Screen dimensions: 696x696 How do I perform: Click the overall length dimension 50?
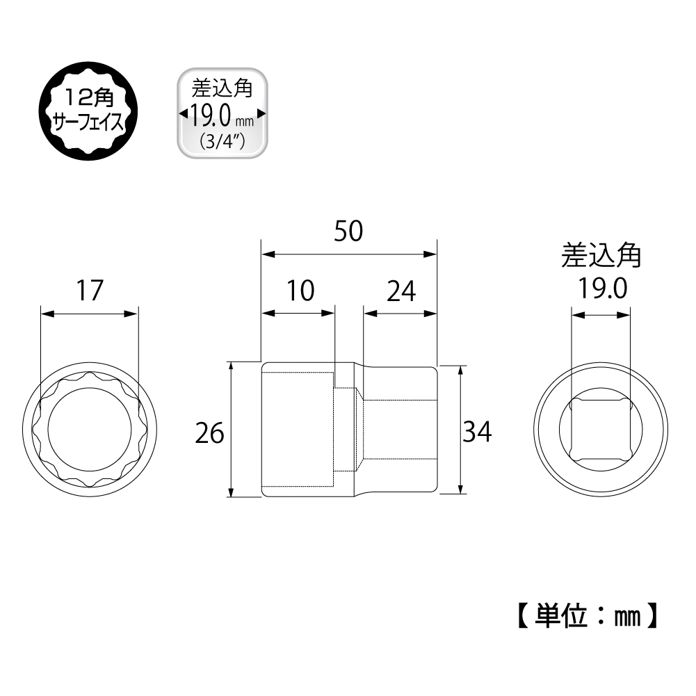coord(348,232)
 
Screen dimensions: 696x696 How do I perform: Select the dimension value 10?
coord(300,291)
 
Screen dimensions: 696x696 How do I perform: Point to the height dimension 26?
coord(209,433)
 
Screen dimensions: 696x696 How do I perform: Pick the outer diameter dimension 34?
coord(477,432)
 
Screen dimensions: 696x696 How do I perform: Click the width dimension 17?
coord(90,291)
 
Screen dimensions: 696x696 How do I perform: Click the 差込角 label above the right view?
coord(601,257)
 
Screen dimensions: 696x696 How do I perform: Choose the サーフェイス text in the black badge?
coord(90,122)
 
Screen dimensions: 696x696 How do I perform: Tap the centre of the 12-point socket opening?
coord(89,430)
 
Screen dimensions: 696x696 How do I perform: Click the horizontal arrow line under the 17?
coord(90,314)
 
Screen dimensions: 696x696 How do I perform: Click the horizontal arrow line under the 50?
coord(348,254)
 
